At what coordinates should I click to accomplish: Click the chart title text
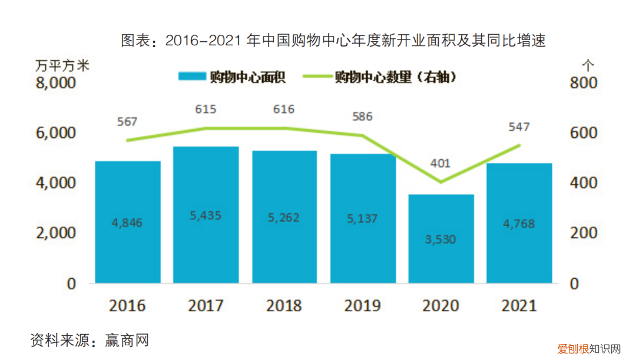click(333, 41)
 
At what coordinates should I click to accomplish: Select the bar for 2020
click(441, 239)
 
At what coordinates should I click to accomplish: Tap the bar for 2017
click(206, 214)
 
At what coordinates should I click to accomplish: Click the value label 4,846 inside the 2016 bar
click(127, 223)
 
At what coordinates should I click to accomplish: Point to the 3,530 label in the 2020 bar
click(441, 239)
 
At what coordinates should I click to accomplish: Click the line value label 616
click(283, 109)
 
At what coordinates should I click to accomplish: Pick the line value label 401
click(438, 164)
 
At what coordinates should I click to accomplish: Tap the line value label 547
click(519, 127)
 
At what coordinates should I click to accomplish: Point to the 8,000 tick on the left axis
click(56, 83)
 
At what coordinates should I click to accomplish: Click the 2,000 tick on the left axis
click(56, 233)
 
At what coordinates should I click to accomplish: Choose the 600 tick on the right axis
click(583, 133)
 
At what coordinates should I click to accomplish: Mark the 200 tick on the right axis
click(583, 233)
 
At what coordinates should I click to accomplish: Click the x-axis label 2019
click(363, 306)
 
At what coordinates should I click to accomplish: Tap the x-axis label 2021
click(519, 306)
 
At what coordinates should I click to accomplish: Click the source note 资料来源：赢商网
click(90, 340)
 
